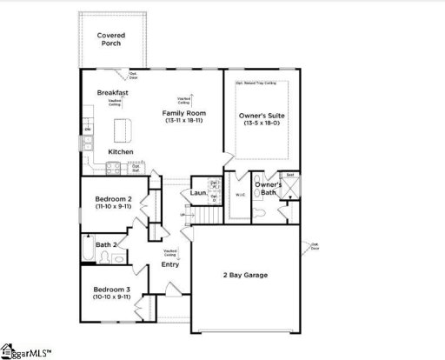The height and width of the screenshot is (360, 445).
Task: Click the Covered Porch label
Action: [x=110, y=40]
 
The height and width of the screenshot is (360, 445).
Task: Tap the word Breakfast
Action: [x=113, y=92]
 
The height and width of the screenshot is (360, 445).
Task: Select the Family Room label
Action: [x=183, y=113]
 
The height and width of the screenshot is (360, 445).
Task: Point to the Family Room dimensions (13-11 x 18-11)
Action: [x=183, y=121]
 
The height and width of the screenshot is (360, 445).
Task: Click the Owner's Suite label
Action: [x=262, y=115]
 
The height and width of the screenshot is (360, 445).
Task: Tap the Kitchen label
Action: [x=120, y=152]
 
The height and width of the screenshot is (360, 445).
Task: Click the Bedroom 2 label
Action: [x=112, y=199]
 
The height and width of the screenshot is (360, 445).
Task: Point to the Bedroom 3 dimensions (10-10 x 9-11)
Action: [x=112, y=297]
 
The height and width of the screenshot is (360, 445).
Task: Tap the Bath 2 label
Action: [x=108, y=245]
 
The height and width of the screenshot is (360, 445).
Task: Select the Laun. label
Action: [x=197, y=192]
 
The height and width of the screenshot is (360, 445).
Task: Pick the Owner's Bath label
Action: [x=269, y=189]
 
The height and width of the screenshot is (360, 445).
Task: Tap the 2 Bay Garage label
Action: [x=243, y=275]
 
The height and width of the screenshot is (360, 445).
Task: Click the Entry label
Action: [x=170, y=264]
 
